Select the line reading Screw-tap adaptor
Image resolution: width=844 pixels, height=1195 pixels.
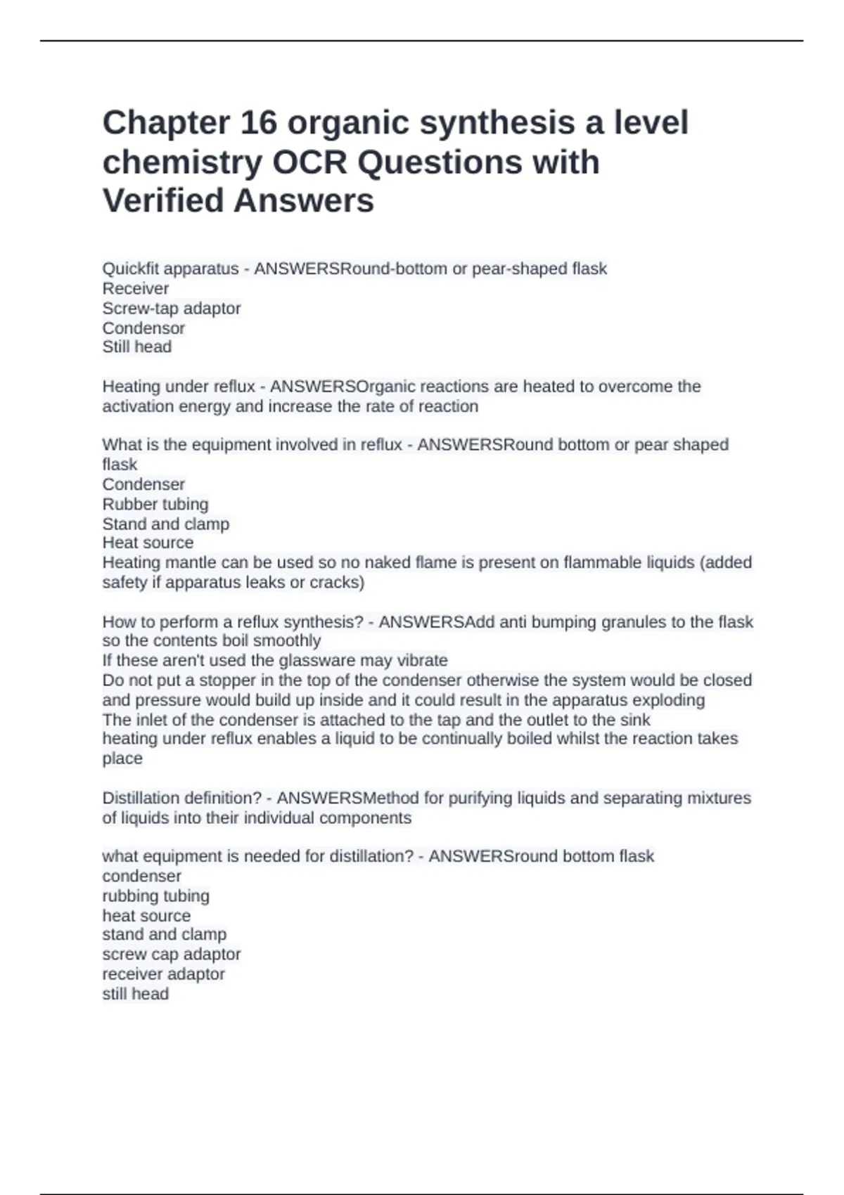pyautogui.click(x=172, y=308)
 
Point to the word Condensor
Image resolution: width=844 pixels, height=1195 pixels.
pyautogui.click(x=143, y=328)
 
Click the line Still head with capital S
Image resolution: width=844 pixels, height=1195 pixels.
pyautogui.click(x=137, y=347)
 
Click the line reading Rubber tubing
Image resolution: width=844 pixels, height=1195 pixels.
pyautogui.click(x=155, y=504)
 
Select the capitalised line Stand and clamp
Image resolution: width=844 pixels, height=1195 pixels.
pyautogui.click(x=166, y=524)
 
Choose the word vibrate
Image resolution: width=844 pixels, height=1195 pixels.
pyautogui.click(x=423, y=660)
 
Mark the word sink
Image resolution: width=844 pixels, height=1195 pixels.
pyautogui.click(x=635, y=720)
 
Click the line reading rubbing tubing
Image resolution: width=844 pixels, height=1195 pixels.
pyautogui.click(x=155, y=896)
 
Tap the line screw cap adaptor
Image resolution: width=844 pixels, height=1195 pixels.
pyautogui.click(x=172, y=954)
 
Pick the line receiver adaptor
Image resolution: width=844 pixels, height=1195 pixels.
pyautogui.click(x=163, y=974)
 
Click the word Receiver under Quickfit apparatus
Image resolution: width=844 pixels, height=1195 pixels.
pyautogui.click(x=136, y=288)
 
